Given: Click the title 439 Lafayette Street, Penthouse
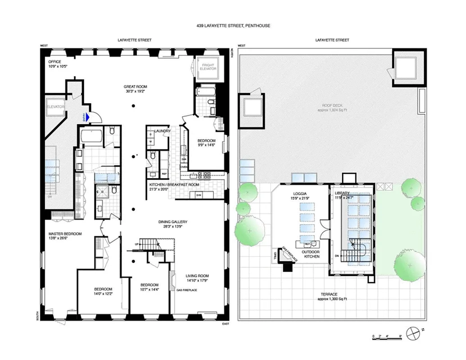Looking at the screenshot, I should tap(232, 26).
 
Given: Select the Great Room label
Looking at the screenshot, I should tap(136, 89).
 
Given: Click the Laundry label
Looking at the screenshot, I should tap(162, 131).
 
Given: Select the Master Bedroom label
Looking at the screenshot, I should tap(65, 236).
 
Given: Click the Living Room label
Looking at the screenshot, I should tap(197, 278).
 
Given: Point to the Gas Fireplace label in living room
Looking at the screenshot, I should tap(186, 290).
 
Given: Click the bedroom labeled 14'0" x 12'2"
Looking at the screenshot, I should tap(103, 292).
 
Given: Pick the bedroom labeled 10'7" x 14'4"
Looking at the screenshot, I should tap(149, 288).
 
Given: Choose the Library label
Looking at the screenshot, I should tap(342, 196).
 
